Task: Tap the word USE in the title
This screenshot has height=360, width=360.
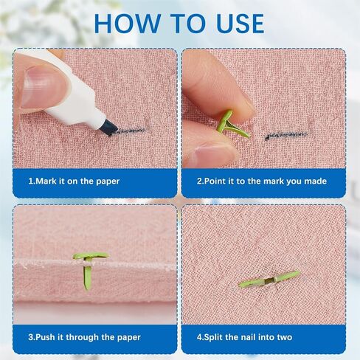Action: pos(238,24)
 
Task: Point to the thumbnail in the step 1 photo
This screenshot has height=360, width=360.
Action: pos(42,88)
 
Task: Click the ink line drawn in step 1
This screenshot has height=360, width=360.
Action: pos(128,131)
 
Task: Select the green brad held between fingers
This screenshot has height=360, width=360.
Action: pos(232,125)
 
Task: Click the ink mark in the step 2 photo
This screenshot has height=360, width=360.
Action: pos(286,136)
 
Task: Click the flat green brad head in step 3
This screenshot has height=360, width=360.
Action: pos(91,256)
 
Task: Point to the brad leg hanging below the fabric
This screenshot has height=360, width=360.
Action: pos(87,277)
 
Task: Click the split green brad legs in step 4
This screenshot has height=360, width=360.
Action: pos(269,280)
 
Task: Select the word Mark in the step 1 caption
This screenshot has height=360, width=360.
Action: pos(46,181)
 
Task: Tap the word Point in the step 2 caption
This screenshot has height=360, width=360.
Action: pos(215,181)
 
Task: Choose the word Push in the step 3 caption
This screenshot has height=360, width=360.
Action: pos(46,337)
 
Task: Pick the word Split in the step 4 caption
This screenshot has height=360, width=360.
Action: pos(213,337)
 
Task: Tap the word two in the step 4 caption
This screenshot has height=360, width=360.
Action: pos(285,337)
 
